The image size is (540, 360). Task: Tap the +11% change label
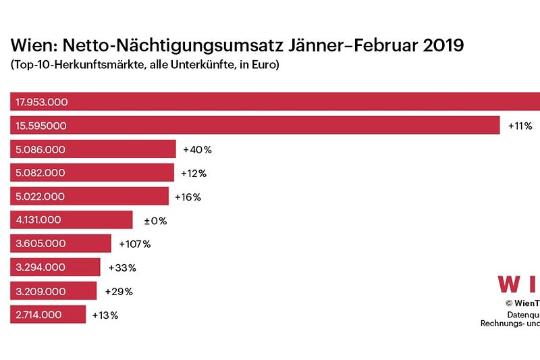[520, 126]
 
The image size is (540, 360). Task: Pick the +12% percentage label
[194, 173]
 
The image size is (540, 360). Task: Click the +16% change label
[188, 197]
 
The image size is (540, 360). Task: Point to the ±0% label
[155, 220]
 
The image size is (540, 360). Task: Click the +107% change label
[135, 244]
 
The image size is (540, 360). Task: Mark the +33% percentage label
[122, 267]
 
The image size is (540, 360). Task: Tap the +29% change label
[119, 291]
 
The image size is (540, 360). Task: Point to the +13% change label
[105, 315]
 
